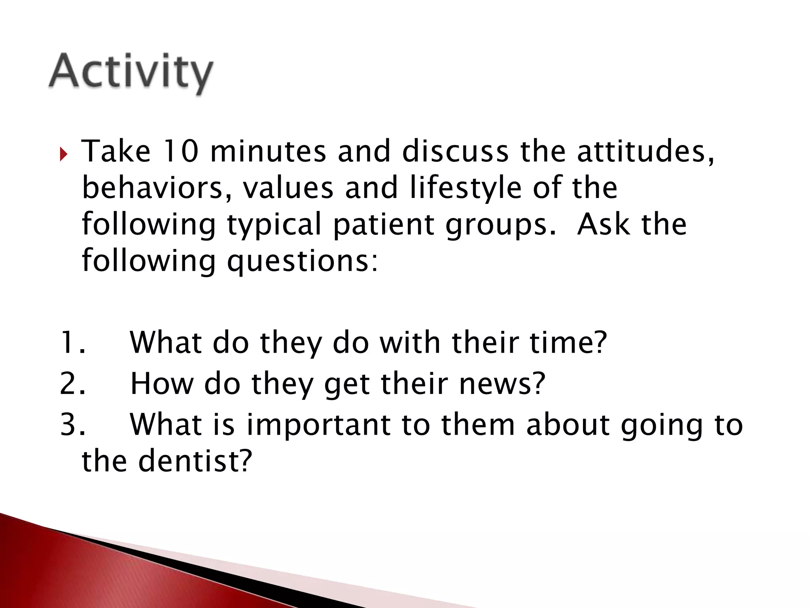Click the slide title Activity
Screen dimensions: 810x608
tap(131, 73)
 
